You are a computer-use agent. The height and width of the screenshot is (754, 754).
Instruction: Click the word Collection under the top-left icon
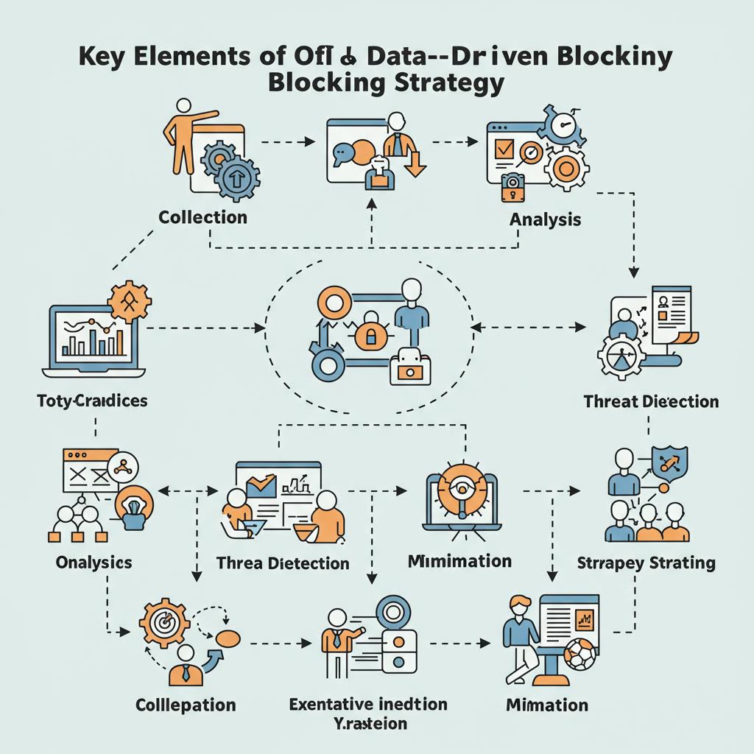[202, 217]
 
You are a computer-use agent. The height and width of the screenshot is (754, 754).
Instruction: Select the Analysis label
[545, 219]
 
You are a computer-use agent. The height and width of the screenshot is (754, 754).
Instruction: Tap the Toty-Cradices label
[91, 401]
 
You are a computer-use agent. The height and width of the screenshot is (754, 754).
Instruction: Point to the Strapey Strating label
[646, 563]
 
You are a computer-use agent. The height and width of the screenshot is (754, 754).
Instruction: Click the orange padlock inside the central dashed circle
[366, 337]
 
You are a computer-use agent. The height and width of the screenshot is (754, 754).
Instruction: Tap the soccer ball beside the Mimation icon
[579, 654]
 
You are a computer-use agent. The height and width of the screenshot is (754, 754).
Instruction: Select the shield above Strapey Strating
[669, 462]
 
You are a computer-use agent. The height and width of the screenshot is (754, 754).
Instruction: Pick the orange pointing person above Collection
[182, 136]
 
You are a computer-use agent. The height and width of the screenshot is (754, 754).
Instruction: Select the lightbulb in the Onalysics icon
[135, 507]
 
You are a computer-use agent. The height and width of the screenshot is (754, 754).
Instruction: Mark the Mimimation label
[459, 561]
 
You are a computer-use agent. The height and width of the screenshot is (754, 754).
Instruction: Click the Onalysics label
[94, 563]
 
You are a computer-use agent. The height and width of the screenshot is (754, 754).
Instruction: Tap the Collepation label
[186, 705]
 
